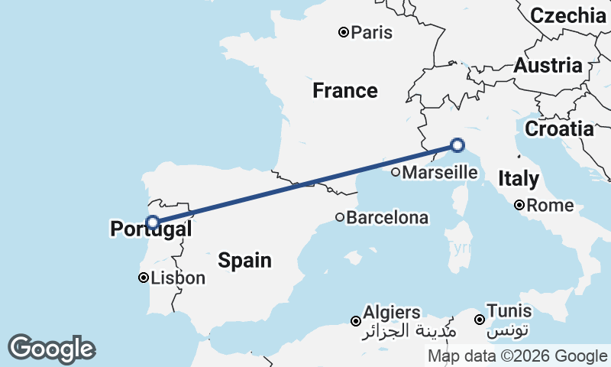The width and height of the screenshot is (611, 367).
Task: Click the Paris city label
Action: [x=372, y=32]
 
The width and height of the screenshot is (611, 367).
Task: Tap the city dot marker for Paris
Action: [x=344, y=32]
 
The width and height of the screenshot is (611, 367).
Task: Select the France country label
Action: [x=345, y=91]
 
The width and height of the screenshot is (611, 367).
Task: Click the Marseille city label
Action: [x=439, y=173]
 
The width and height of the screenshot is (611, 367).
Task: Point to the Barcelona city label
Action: [x=387, y=218]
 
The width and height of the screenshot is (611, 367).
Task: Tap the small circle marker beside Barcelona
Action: [x=340, y=217]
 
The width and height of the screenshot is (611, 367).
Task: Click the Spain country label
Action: [x=244, y=261]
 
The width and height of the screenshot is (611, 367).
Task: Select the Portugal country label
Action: [x=150, y=229]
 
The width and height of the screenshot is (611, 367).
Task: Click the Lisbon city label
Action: [x=178, y=278]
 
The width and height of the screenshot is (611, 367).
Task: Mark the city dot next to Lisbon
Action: [x=143, y=278]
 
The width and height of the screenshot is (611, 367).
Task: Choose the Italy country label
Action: [x=519, y=179]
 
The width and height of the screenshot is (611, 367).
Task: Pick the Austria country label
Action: [x=548, y=66]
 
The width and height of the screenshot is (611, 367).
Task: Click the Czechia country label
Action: [x=567, y=15]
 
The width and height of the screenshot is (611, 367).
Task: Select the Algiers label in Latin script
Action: [x=392, y=312]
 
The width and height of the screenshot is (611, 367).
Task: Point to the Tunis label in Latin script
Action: [x=509, y=311]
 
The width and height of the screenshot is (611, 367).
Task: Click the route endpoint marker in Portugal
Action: [x=153, y=222]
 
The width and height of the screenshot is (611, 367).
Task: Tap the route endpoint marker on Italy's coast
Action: [x=457, y=145]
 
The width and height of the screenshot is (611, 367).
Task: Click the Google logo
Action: [x=51, y=349]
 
